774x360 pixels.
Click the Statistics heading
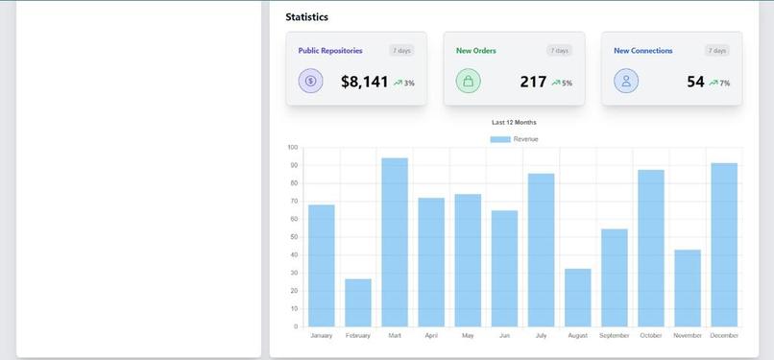(x=306, y=17)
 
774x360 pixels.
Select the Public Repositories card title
(x=329, y=51)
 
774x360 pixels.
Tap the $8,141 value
(x=364, y=83)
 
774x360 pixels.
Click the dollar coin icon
(x=310, y=82)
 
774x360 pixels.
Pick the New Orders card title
(x=475, y=51)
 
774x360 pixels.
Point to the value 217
(x=533, y=83)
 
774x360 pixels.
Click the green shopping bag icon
(x=468, y=82)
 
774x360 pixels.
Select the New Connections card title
(x=642, y=51)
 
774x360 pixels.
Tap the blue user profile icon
(x=626, y=82)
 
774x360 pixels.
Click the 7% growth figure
(x=724, y=84)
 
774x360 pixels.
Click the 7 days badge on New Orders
(x=559, y=51)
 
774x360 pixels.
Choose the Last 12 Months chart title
(x=514, y=123)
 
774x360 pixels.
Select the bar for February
(x=357, y=302)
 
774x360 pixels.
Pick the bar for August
(x=577, y=298)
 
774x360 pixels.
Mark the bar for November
(x=688, y=288)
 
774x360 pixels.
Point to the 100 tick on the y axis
(x=292, y=148)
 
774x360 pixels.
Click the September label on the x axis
(x=615, y=336)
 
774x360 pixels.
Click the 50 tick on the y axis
(x=293, y=237)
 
